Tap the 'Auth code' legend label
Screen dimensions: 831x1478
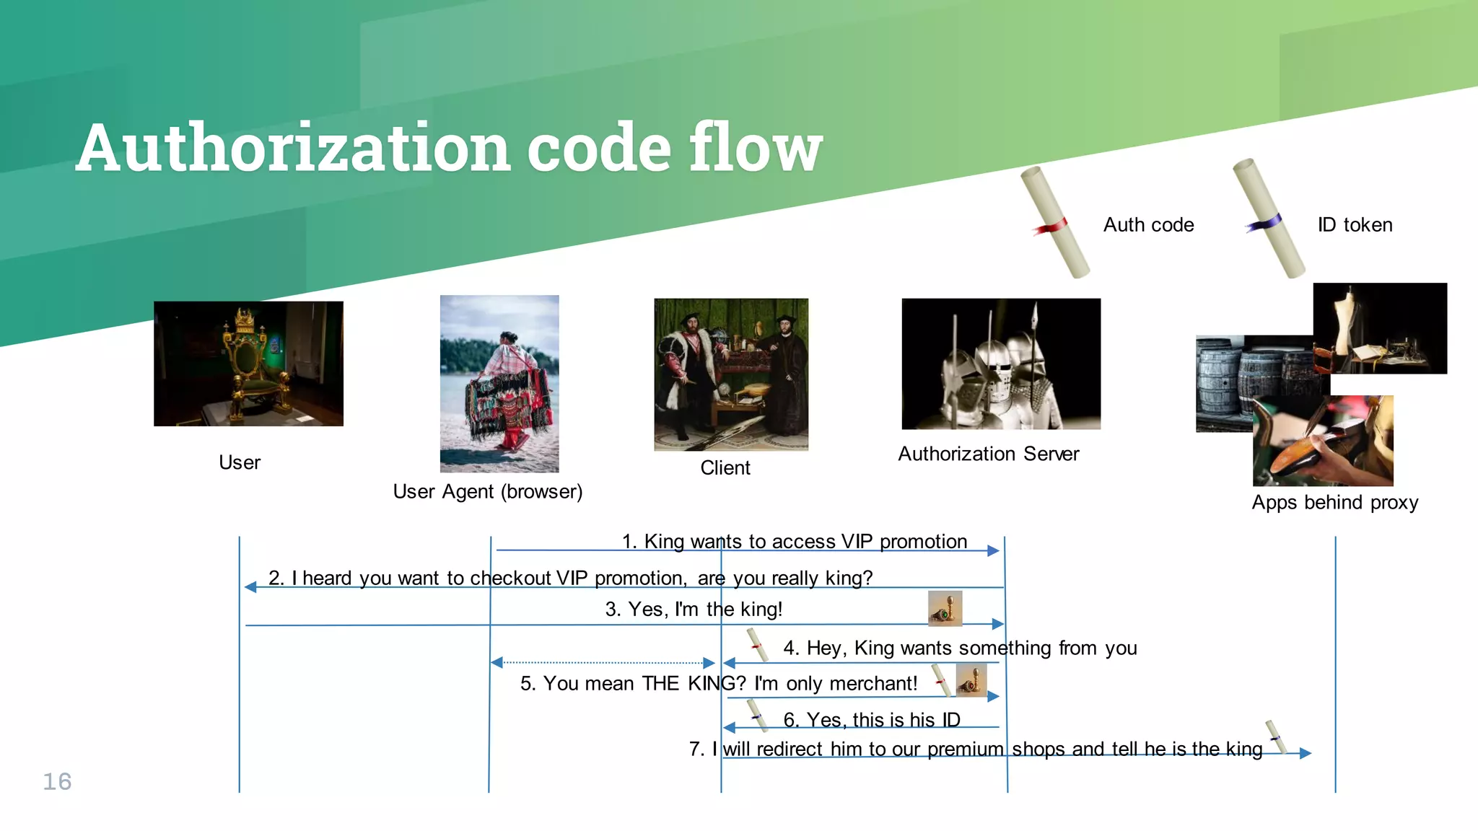[1148, 225]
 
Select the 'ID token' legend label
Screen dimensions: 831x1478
[1355, 225]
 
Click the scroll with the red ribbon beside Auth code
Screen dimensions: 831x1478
[1054, 223]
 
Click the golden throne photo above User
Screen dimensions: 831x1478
[248, 364]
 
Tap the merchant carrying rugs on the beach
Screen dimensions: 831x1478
[499, 384]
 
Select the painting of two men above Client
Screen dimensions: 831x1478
[731, 374]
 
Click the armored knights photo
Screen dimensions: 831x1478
[1001, 364]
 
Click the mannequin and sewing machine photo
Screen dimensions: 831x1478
[1379, 328]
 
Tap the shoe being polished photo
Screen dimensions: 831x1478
[1323, 441]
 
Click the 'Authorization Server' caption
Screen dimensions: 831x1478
[988, 454]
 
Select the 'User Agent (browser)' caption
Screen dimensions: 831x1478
[487, 492]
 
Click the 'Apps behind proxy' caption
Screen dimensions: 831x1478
[1334, 503]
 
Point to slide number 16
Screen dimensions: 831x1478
[57, 781]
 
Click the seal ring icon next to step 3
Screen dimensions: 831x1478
[945, 608]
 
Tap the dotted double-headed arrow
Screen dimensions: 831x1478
[603, 662]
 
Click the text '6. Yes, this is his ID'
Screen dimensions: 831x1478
[871, 719]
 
